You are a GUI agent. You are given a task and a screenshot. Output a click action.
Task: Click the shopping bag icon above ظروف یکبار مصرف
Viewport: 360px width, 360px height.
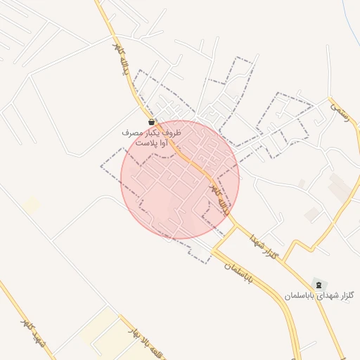[x=153, y=122]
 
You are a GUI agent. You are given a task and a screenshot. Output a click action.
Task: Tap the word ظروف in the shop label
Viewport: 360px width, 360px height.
[x=172, y=132]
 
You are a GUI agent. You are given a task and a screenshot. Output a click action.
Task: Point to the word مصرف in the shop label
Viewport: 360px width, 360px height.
[x=130, y=132]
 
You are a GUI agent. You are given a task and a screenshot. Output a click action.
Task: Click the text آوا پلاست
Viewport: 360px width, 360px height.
[x=150, y=142]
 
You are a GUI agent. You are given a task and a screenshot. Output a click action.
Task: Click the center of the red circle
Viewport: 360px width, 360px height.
[x=180, y=180]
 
